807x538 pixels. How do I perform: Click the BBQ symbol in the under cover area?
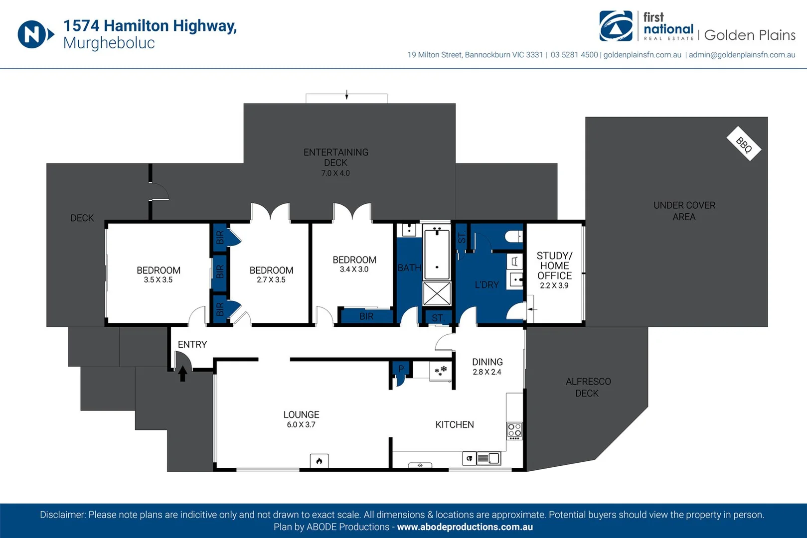[744, 144]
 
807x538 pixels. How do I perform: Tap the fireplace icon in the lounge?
[319, 461]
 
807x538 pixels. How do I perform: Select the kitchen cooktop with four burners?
[514, 430]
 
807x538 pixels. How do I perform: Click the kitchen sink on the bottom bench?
[489, 458]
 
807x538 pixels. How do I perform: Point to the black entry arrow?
[182, 373]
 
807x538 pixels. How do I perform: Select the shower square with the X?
[437, 294]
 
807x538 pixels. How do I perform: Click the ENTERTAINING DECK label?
[336, 157]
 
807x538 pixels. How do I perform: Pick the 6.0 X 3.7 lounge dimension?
[301, 425]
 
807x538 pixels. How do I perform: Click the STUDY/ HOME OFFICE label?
[554, 266]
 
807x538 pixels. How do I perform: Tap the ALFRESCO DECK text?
[588, 387]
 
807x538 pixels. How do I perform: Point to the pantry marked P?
[401, 370]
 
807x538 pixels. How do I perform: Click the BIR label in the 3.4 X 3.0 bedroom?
[366, 316]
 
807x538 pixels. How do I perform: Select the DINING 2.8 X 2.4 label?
[487, 366]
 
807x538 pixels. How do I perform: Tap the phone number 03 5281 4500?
[574, 55]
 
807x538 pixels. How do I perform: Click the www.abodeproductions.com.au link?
[465, 527]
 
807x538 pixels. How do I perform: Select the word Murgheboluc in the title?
[109, 43]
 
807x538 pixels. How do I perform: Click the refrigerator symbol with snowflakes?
[441, 371]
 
